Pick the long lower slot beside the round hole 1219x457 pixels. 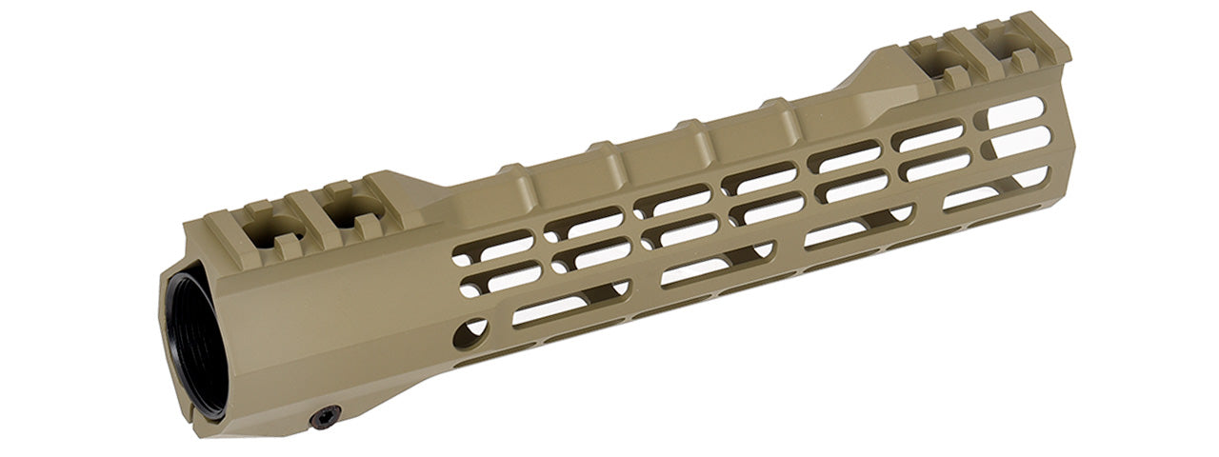(x=551, y=310)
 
